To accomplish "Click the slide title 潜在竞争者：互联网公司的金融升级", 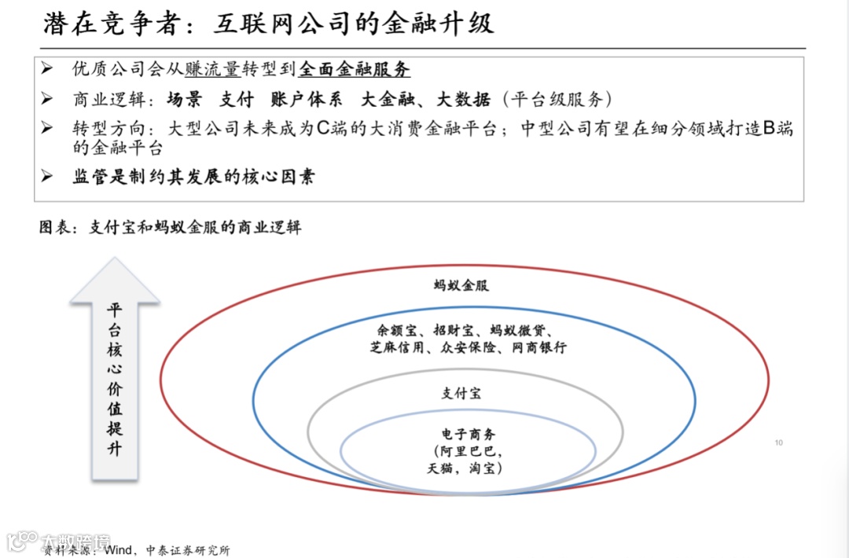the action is click(268, 24).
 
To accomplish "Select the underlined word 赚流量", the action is click(212, 69).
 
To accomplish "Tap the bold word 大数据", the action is click(464, 99).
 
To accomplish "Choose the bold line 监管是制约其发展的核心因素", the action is click(193, 177).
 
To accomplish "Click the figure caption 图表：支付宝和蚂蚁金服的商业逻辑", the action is click(170, 228).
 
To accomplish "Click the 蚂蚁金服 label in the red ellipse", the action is click(461, 285).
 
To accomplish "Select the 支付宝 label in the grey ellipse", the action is click(461, 393).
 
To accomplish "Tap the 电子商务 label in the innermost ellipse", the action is click(469, 435).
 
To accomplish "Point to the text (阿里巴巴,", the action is click(469, 451).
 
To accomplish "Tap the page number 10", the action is click(778, 443).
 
